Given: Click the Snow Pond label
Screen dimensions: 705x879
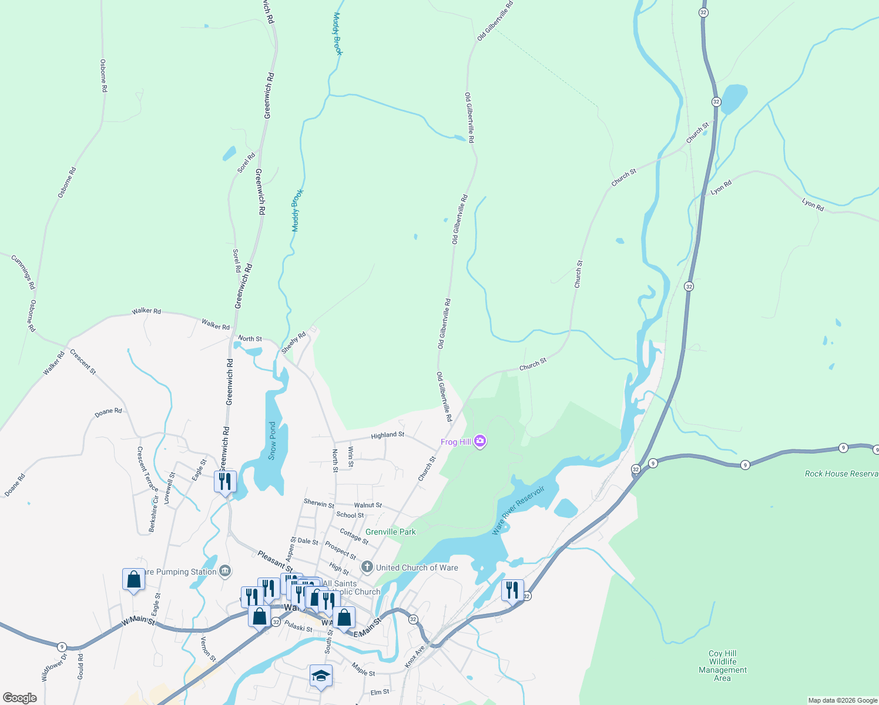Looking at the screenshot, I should tap(272, 441).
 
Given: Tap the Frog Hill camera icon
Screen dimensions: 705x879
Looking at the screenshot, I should tap(480, 441).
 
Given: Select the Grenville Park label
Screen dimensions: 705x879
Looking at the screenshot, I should tap(391, 532).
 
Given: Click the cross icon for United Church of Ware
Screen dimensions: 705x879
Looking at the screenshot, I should tap(367, 567).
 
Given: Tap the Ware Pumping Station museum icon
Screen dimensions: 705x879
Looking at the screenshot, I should tap(225, 571).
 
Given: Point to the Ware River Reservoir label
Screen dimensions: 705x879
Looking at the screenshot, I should tap(518, 510).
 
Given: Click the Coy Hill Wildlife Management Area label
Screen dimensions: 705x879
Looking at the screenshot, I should tap(722, 666).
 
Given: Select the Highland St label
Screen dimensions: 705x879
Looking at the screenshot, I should tap(387, 435).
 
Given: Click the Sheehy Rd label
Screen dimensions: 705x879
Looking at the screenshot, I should tap(294, 343).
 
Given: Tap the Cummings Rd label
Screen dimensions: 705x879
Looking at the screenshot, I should tap(23, 271).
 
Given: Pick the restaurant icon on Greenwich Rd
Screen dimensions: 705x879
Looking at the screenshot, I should tap(225, 482).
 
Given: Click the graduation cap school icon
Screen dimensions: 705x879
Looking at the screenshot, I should tap(321, 676).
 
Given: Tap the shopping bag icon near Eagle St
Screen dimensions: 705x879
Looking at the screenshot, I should tap(134, 579).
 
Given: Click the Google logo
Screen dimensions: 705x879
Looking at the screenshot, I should tap(19, 697).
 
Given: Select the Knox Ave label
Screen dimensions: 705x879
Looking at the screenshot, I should tap(414, 657).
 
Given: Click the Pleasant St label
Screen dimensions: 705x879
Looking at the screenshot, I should tap(275, 561).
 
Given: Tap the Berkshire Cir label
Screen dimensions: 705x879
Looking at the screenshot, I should tap(154, 514).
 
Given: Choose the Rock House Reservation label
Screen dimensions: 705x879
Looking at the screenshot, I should tap(841, 474).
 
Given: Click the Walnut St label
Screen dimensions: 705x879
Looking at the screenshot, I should tap(368, 505).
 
